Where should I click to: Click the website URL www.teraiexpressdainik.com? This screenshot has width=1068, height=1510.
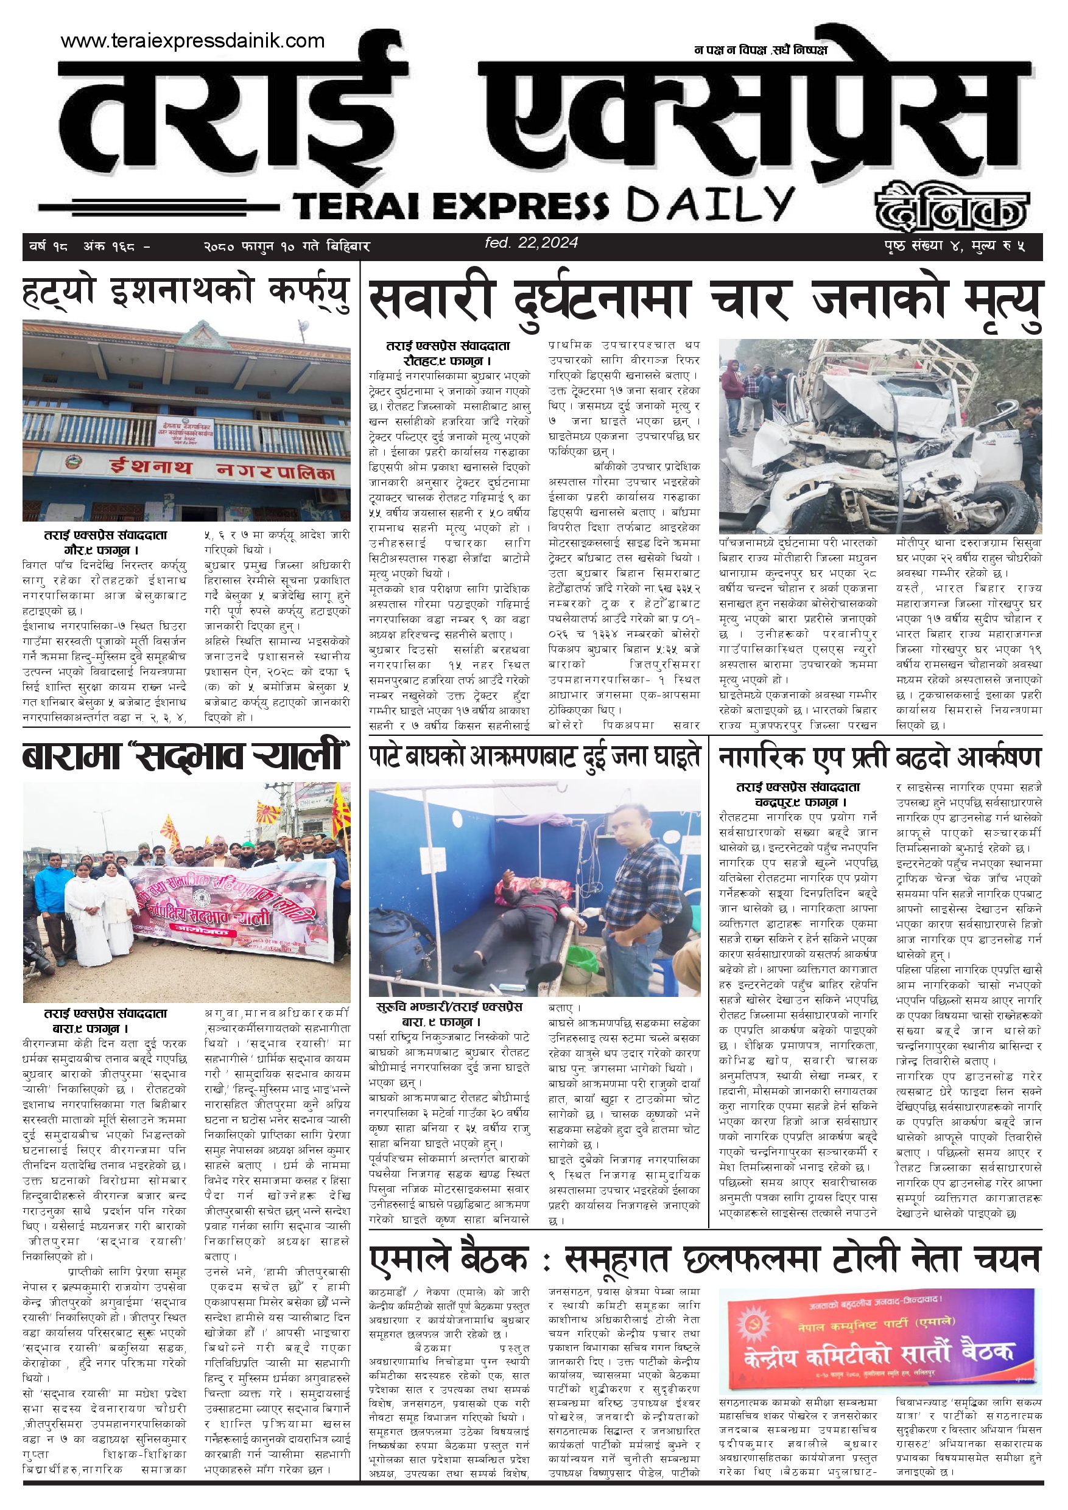192,41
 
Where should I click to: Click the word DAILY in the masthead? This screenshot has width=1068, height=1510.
710,204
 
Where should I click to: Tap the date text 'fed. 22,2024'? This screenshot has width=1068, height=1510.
531,243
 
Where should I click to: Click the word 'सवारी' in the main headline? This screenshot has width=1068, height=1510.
432,299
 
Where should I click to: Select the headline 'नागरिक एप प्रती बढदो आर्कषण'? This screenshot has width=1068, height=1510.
880,758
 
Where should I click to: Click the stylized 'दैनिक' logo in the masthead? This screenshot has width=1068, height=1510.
951,208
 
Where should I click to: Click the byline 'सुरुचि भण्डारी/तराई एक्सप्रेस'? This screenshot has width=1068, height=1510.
449,1007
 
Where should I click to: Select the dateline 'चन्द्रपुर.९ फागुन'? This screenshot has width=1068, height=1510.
799,802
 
